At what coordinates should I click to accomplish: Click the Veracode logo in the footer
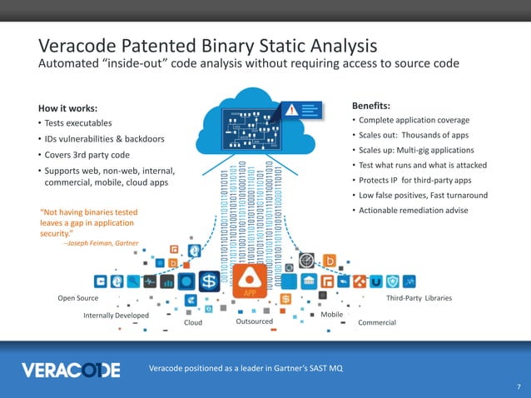(71, 369)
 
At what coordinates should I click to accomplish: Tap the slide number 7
(518, 387)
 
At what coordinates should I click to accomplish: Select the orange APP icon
(249, 280)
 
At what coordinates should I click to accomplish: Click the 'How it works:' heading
(68, 108)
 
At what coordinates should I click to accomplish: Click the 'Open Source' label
(77, 298)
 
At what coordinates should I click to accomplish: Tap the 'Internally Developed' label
(116, 316)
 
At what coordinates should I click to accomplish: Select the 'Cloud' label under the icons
(192, 322)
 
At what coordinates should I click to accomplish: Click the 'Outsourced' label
(255, 321)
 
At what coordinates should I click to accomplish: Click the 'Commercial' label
(376, 322)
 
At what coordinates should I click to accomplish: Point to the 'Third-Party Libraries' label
(419, 298)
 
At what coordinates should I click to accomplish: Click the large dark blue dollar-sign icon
(209, 280)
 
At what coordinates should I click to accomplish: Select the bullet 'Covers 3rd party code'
(90, 155)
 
